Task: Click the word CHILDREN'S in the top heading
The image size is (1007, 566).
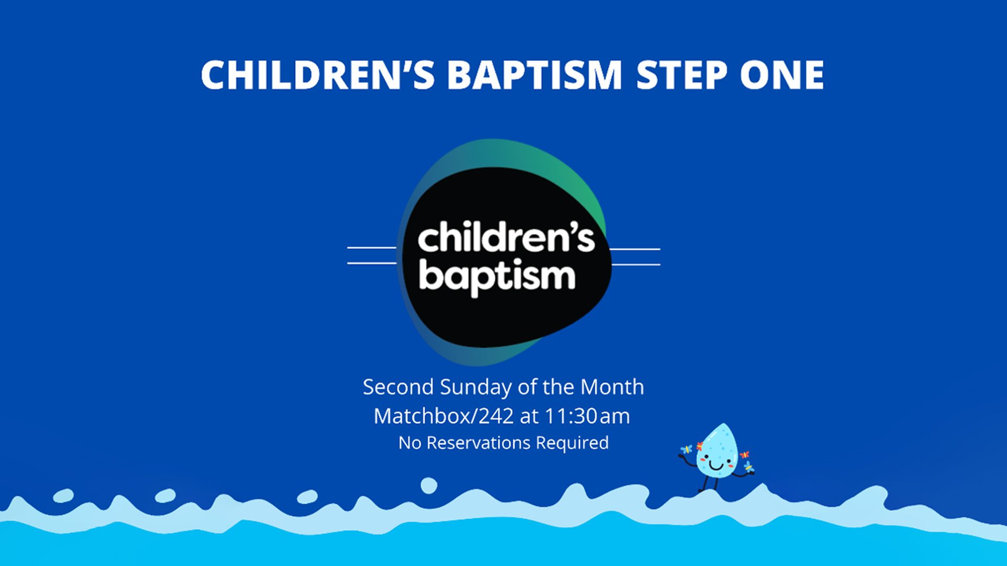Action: [x=318, y=74]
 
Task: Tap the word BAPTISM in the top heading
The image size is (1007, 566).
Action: [x=534, y=74]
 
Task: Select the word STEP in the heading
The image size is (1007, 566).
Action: [x=681, y=74]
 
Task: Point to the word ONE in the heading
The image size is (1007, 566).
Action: [x=782, y=74]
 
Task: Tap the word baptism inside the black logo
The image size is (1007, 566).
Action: [x=497, y=276]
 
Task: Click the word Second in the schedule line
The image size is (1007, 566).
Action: [x=398, y=387]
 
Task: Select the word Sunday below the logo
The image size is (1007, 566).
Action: [x=476, y=388]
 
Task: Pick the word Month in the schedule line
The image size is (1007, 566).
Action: [x=612, y=387]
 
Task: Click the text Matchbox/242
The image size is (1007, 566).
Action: [x=444, y=416]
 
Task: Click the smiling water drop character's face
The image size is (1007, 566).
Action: [x=716, y=461]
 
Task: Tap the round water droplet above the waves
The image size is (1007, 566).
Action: [x=429, y=485]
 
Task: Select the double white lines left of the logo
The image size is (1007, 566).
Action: [x=372, y=255]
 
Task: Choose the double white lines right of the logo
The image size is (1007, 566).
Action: [x=635, y=257]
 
